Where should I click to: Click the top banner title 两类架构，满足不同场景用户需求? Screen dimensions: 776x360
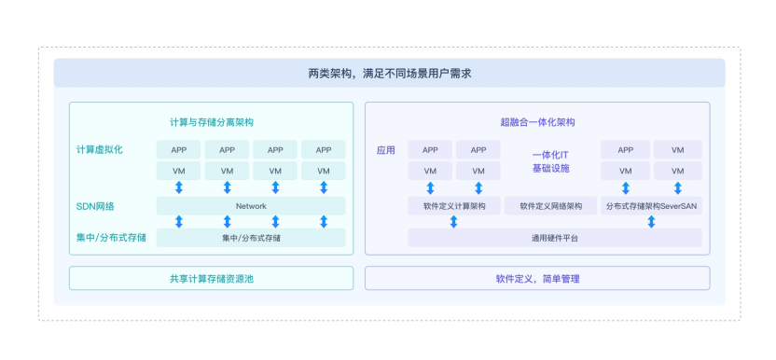point(389,74)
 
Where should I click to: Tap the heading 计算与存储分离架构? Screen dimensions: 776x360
point(212,122)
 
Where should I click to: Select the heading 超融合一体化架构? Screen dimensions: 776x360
point(537,122)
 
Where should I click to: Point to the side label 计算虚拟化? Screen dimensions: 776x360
point(100,150)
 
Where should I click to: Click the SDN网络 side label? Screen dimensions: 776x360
point(95,206)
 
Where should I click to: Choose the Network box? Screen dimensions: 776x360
point(251,206)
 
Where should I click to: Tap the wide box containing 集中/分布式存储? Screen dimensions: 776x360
point(251,238)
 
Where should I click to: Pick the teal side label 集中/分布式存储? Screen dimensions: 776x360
point(111,238)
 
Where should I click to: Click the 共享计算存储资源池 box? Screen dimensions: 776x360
point(212,278)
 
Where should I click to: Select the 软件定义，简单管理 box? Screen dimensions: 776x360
point(537,278)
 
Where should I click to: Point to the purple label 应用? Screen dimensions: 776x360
point(386,150)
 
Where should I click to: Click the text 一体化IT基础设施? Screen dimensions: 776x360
point(551,161)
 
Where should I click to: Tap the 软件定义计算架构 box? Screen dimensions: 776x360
point(454,206)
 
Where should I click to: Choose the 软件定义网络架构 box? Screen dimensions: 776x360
point(551,206)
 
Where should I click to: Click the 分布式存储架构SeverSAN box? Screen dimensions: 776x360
point(651,206)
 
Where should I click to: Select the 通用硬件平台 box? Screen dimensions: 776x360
point(555,238)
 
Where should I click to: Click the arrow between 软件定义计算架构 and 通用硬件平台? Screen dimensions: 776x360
point(454,222)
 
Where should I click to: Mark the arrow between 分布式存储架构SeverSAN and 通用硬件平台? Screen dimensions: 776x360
point(651,222)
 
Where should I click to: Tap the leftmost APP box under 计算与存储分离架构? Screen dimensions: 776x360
point(179,149)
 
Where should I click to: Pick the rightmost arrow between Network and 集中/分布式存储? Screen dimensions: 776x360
point(324,222)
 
